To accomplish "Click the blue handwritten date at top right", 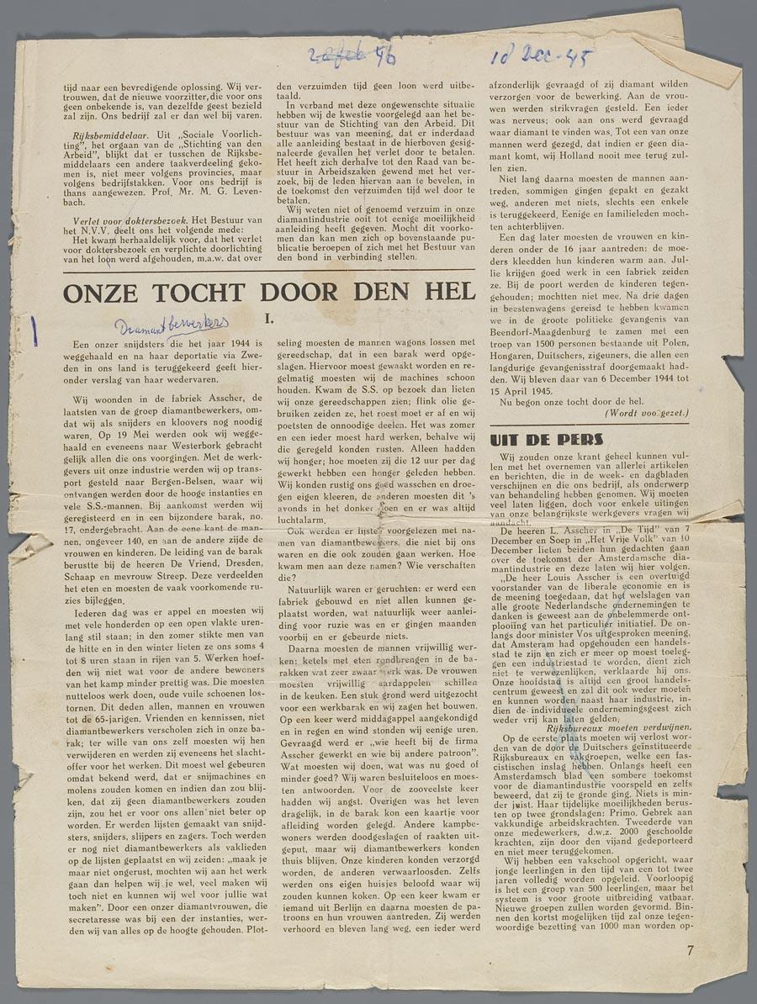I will pos(542,58).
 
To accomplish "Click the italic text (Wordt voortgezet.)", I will pos(646,414).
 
